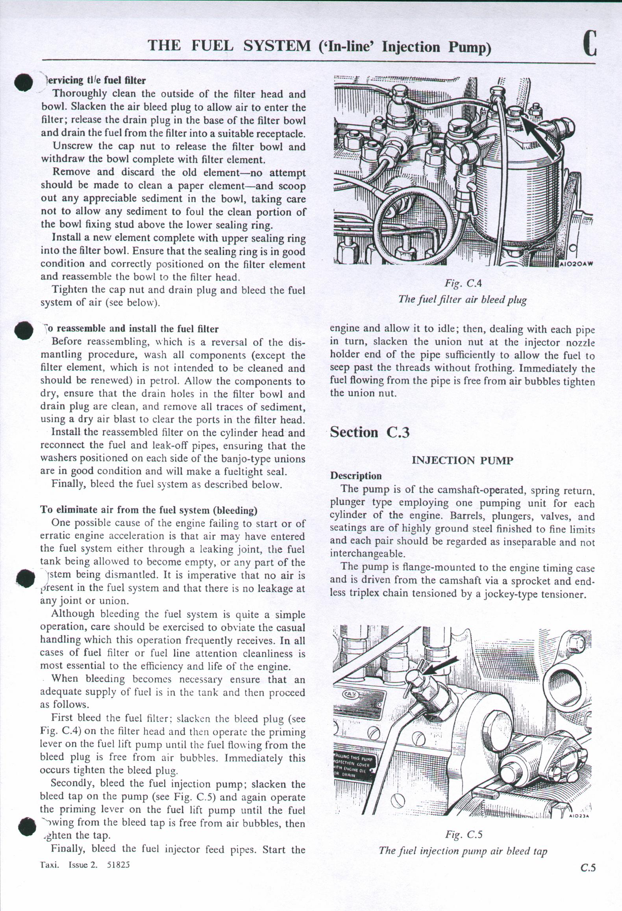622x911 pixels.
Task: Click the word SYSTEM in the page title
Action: (277, 46)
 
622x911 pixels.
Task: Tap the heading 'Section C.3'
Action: (370, 433)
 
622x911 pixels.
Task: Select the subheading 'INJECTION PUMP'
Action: (462, 461)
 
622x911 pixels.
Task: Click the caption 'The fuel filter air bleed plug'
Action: (462, 299)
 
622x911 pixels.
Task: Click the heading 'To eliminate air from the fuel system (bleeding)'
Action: (149, 510)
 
